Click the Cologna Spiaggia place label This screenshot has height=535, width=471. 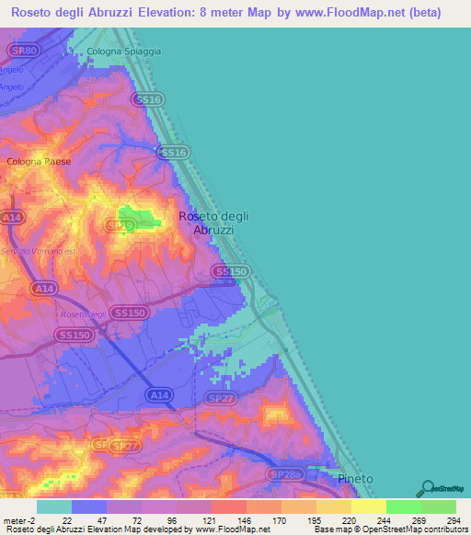point(123,51)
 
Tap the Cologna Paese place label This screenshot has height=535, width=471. point(39,161)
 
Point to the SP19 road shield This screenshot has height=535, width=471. point(116,223)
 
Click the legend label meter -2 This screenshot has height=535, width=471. point(19,520)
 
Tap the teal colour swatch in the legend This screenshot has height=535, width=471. point(54,507)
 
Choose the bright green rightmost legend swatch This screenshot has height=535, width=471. point(439,507)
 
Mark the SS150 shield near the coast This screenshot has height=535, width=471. point(230,272)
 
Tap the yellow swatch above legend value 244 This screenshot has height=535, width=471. point(369,507)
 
